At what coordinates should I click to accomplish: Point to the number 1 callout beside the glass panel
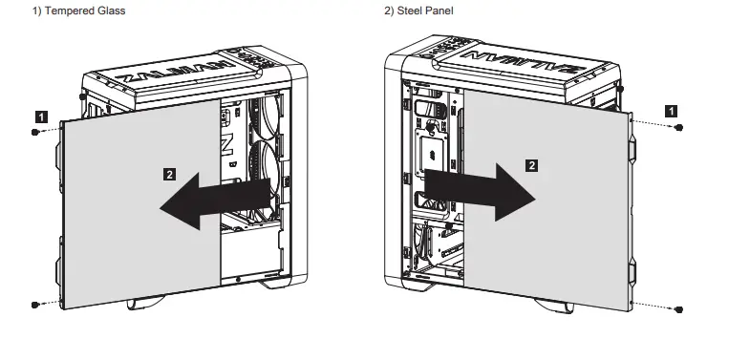(39, 116)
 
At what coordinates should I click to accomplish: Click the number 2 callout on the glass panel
(169, 175)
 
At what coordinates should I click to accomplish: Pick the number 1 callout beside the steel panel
(674, 111)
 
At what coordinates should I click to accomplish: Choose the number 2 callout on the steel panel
(532, 164)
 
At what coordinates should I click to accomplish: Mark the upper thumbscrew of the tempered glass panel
(35, 133)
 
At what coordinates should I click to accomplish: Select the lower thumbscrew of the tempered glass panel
(35, 305)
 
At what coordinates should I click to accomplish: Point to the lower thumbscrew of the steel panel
(678, 309)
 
